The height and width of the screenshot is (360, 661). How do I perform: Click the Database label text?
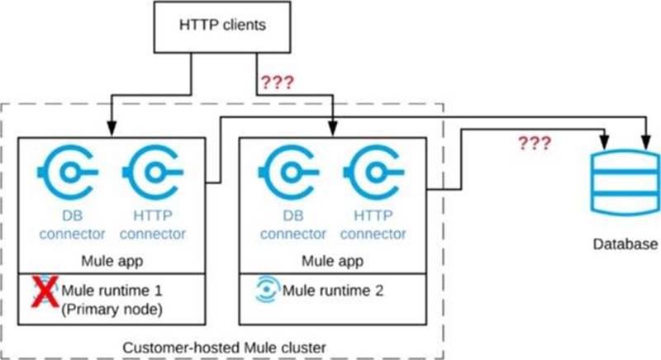[625, 245]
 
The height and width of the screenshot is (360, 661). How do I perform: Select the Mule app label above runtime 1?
[113, 262]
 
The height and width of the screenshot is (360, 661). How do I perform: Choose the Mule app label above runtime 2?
[332, 262]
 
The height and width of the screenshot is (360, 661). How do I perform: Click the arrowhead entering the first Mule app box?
[112, 132]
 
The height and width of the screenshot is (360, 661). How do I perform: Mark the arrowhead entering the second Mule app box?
[332, 132]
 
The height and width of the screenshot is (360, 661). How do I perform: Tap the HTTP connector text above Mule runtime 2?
[373, 225]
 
